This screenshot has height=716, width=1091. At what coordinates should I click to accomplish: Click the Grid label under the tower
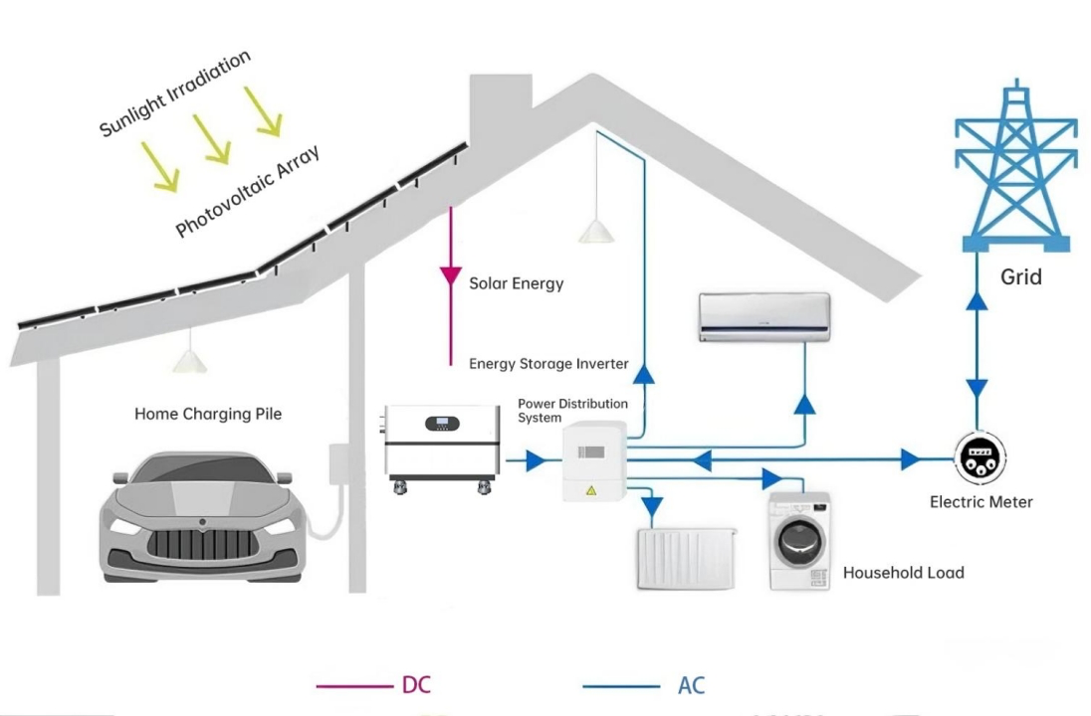pos(1020,276)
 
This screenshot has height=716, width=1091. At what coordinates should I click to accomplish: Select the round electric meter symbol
pos(981,459)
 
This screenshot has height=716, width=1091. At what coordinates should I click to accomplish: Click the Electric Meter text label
pos(981,502)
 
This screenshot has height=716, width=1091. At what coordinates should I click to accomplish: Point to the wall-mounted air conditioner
pos(764,317)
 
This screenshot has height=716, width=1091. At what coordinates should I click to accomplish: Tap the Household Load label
pos(903,573)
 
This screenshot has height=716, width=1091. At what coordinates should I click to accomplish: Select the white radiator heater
pos(686,558)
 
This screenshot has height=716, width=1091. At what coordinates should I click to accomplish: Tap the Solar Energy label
pos(516,283)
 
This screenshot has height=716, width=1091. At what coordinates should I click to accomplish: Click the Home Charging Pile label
pos(208,414)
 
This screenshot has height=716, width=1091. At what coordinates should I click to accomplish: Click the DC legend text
pos(416,685)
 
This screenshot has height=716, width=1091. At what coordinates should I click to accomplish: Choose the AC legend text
pos(691,685)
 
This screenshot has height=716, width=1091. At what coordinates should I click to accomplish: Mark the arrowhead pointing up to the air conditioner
pos(804,404)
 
